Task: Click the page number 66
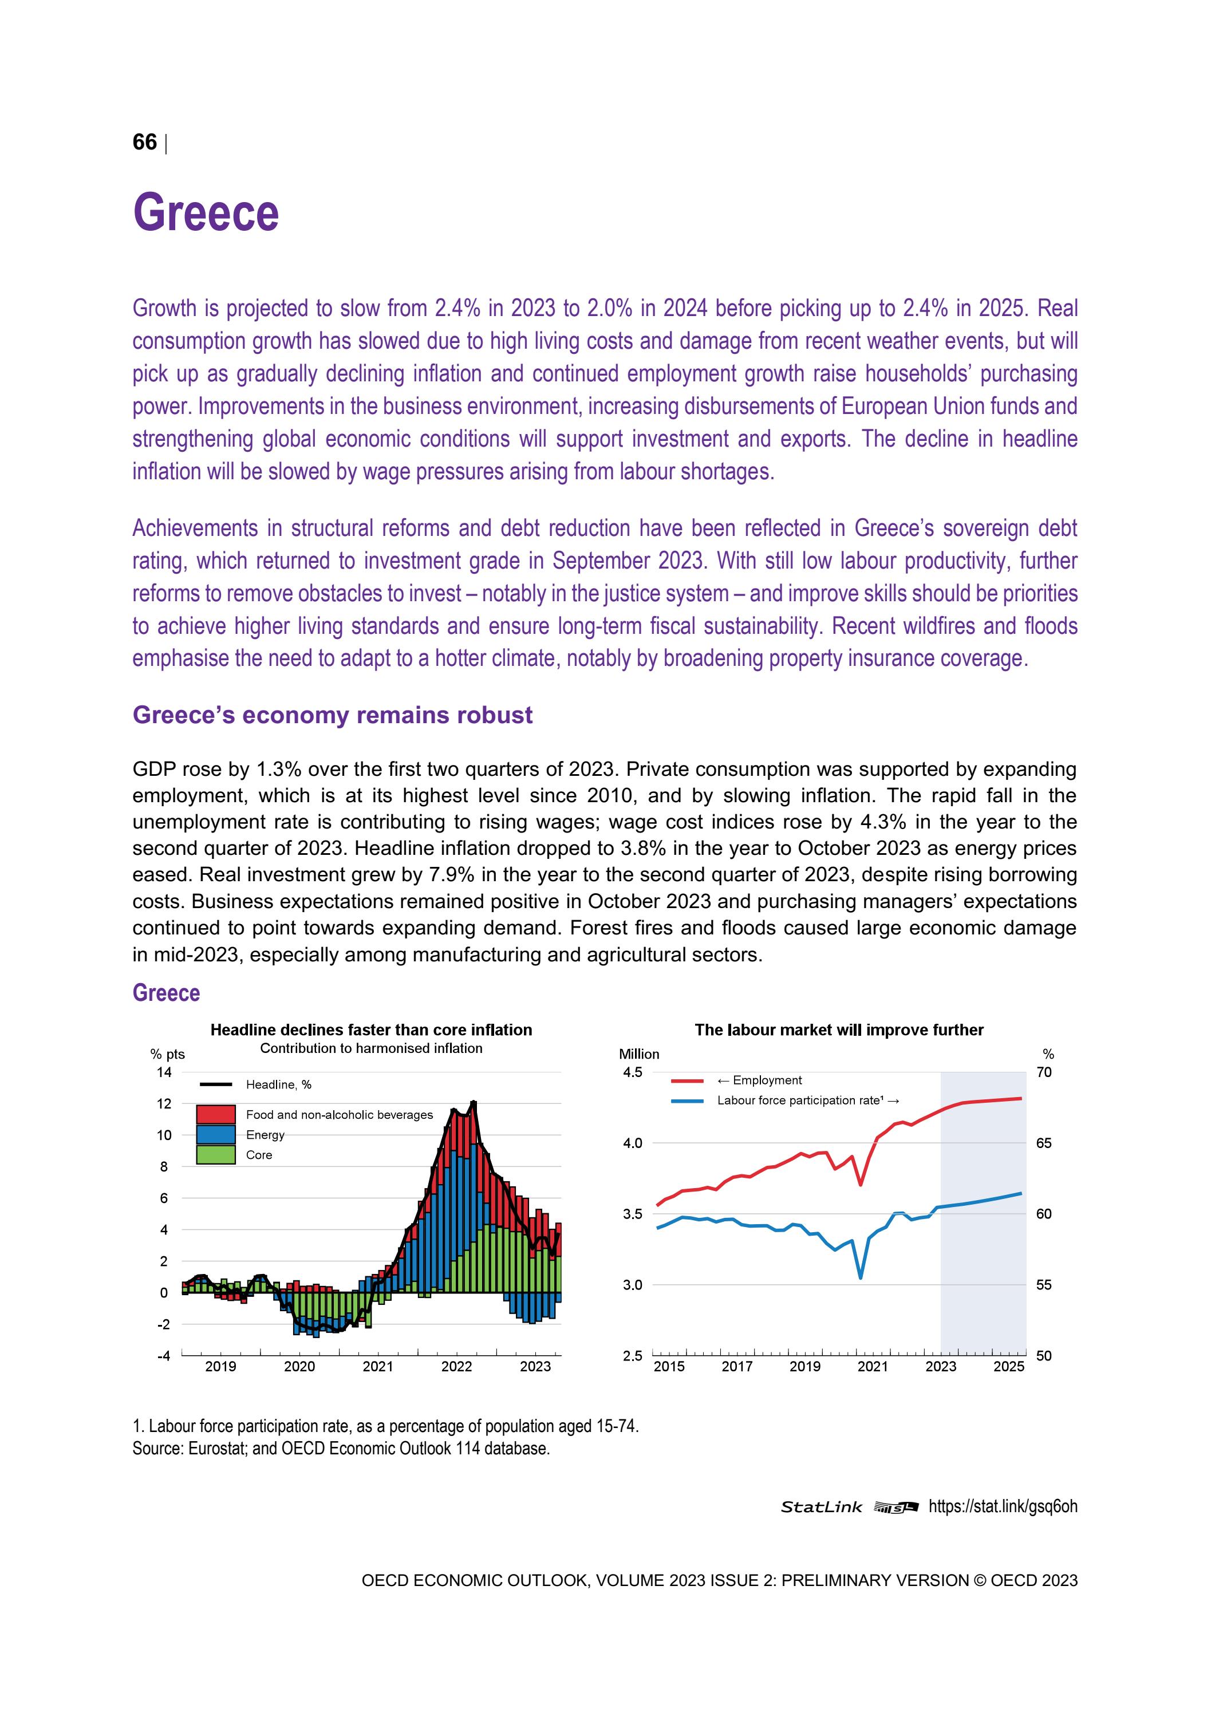click(x=145, y=143)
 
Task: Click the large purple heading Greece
click(x=206, y=213)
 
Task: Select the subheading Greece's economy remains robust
click(x=332, y=715)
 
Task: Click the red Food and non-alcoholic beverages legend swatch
click(x=215, y=1115)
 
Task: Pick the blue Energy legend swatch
click(x=215, y=1135)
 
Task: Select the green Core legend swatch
click(x=215, y=1155)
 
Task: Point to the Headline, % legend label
click(x=278, y=1085)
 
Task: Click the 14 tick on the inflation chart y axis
click(x=164, y=1072)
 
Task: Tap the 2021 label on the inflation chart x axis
click(x=378, y=1367)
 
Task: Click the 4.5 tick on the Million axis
click(x=632, y=1072)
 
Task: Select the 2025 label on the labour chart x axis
click(x=1008, y=1367)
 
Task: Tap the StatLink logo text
click(x=821, y=1507)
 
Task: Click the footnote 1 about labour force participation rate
click(x=385, y=1426)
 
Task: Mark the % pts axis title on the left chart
click(x=167, y=1054)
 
